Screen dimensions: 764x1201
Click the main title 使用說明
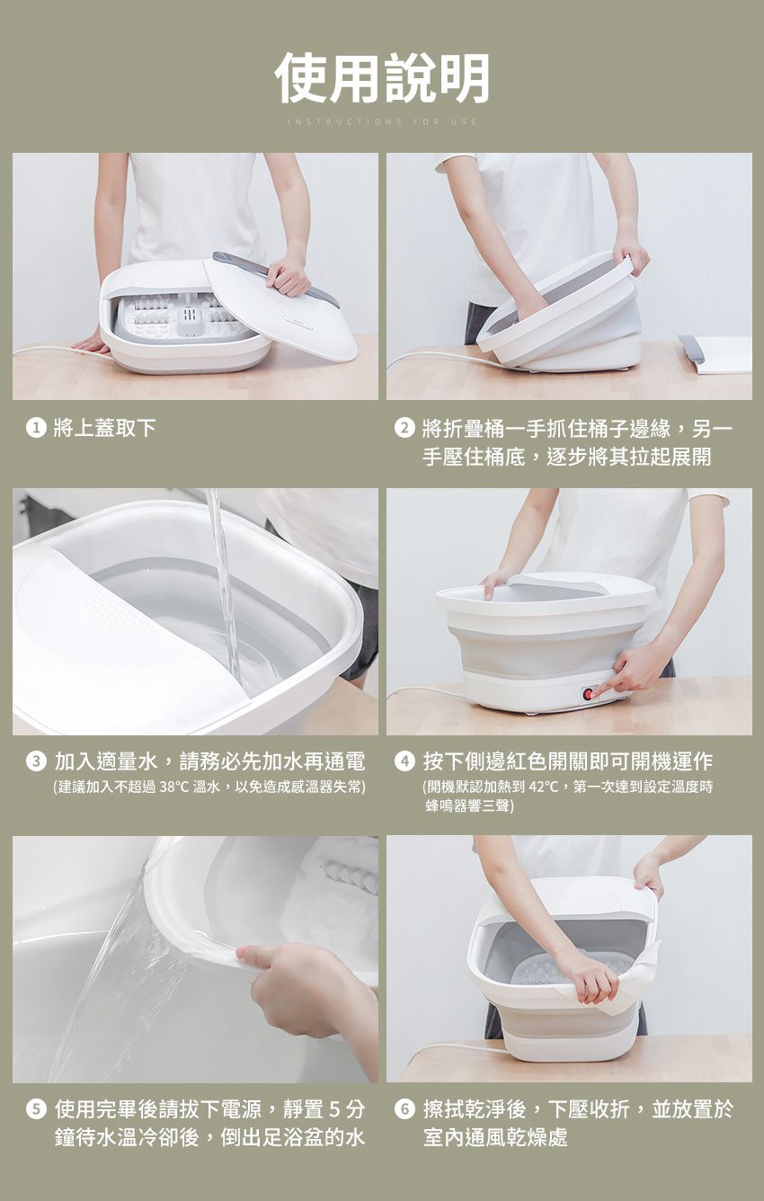pyautogui.click(x=382, y=78)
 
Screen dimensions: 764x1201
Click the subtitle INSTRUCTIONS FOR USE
pyautogui.click(x=382, y=121)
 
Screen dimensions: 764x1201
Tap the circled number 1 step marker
pyautogui.click(x=36, y=428)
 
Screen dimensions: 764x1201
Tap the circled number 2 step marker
pyautogui.click(x=404, y=428)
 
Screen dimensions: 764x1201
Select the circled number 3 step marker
pyautogui.click(x=36, y=761)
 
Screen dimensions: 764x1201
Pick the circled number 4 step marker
pyautogui.click(x=404, y=761)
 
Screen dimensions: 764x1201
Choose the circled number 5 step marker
pyautogui.click(x=36, y=1108)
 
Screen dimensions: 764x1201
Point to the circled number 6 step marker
pyautogui.click(x=404, y=1108)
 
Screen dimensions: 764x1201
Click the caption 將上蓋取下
pyautogui.click(x=104, y=428)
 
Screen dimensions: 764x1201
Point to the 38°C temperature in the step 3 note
pyautogui.click(x=174, y=787)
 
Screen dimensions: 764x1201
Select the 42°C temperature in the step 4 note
pyautogui.click(x=544, y=787)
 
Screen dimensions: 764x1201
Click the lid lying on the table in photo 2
pyautogui.click(x=715, y=354)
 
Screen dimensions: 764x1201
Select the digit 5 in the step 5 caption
pyautogui.click(x=334, y=1108)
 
